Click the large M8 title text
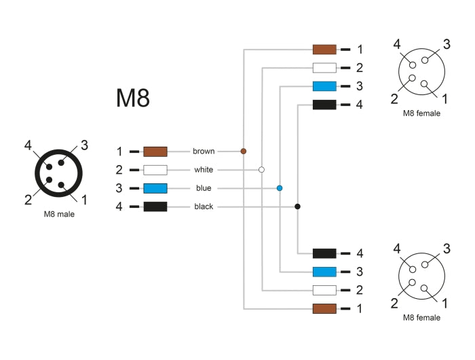coord(132,98)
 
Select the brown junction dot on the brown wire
coord(244,151)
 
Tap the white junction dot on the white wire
coord(262,169)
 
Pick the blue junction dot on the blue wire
coord(280,187)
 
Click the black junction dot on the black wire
coord(297,206)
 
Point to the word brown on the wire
coord(204,151)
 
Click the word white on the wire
coord(204,169)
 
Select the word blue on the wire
coord(204,187)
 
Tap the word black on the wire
coord(204,206)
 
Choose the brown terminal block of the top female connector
coord(324,50)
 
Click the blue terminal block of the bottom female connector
coord(324,272)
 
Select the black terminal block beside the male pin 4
coord(155,206)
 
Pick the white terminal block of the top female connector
coord(324,68)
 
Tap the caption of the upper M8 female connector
coord(421,113)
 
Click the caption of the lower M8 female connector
coord(421,317)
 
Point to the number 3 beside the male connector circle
coord(84,145)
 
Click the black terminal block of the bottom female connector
coord(324,253)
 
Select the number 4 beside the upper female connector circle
coord(397,45)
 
